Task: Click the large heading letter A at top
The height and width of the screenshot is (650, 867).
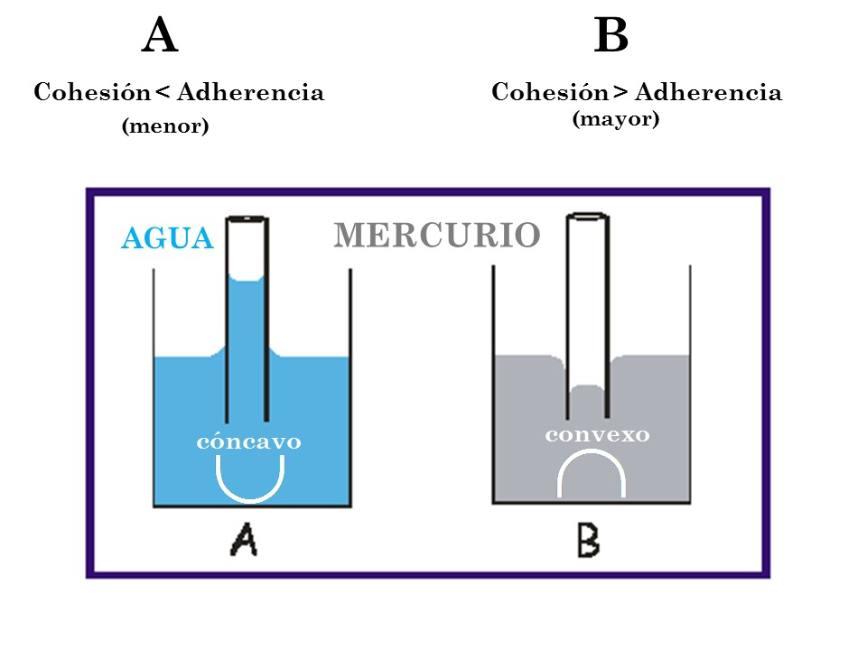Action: click(x=160, y=38)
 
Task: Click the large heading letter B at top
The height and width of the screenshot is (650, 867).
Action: click(x=611, y=38)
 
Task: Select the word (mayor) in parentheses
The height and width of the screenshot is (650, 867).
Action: click(x=616, y=118)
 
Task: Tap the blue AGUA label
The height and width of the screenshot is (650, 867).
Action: click(x=167, y=238)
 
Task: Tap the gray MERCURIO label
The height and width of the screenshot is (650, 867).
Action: click(x=437, y=236)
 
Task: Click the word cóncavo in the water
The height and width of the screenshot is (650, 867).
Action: click(x=248, y=442)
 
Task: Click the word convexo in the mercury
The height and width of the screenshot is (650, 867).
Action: click(x=597, y=434)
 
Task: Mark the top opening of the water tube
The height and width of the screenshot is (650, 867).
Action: click(x=247, y=219)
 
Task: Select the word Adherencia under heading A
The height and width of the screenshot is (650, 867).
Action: click(x=250, y=92)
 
